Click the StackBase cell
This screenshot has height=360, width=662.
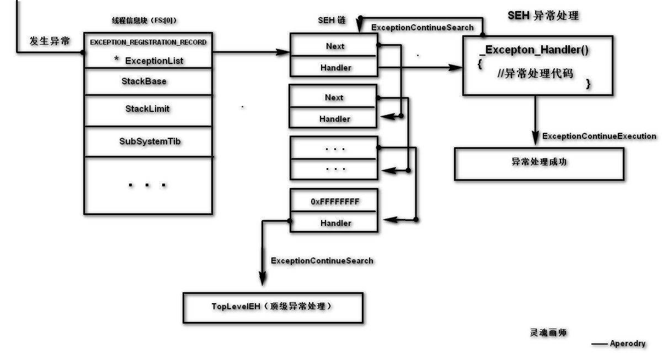144,82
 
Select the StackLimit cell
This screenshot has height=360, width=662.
147,109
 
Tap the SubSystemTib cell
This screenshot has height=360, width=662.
150,142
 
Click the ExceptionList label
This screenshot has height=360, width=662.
154,61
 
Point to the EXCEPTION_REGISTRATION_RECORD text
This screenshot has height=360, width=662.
148,42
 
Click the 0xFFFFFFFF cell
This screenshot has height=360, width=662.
334,202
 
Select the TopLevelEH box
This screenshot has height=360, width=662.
273,307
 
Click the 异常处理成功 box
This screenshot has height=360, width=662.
539,163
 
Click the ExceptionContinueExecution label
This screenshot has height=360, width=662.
599,136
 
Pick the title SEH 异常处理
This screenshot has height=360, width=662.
543,16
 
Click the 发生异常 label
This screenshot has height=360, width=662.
50,41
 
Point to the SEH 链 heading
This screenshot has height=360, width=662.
332,20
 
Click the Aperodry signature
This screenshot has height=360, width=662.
627,343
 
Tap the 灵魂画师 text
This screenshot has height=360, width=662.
548,332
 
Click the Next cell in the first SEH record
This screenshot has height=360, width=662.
334,46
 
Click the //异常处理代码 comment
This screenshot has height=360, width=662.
535,73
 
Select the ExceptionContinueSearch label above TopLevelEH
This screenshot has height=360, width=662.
322,261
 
